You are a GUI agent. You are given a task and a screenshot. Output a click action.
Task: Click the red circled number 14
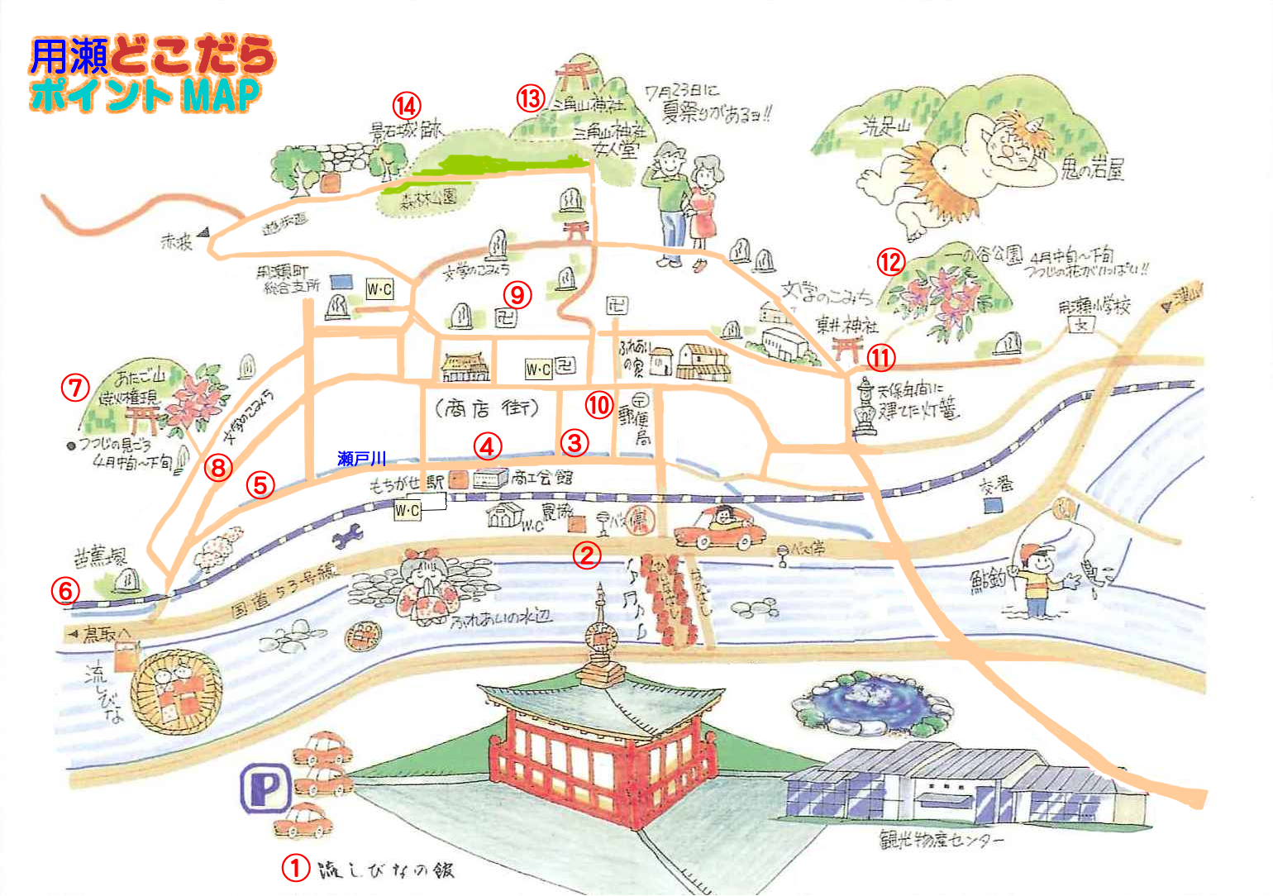coord(406,106)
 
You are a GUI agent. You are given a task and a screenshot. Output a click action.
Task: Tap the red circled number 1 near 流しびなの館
coord(296,868)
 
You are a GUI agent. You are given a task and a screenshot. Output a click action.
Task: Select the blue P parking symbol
coord(265,789)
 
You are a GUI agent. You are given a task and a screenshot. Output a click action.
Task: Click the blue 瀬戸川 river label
coord(361,459)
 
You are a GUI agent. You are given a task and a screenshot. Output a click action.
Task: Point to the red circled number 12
coord(891,262)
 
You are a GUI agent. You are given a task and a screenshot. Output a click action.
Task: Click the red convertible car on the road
coord(714,527)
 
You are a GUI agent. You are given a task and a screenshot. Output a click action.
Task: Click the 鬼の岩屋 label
coord(1093,170)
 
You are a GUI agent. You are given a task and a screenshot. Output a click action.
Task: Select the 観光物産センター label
coord(942,841)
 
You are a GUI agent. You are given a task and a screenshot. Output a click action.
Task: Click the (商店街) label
coord(486,408)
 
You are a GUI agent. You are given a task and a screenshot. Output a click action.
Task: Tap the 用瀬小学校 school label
coord(1094,307)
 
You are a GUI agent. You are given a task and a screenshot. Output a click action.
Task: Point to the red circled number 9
coord(517,293)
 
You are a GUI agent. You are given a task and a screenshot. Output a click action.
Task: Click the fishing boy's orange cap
coord(1037,551)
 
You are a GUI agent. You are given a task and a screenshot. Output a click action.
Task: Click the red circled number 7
coord(75,387)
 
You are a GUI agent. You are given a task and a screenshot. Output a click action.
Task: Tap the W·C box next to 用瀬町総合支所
coord(379,288)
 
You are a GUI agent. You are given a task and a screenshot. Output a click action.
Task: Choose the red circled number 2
coord(587,555)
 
